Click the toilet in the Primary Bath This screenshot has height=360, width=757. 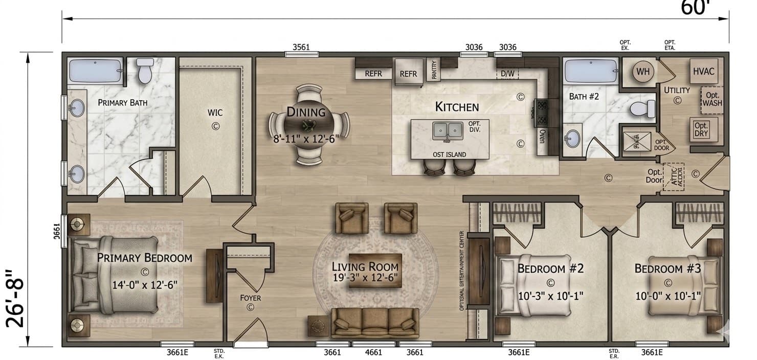tap(146, 71)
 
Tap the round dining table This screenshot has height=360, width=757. tap(309, 124)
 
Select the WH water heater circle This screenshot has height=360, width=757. tap(643, 72)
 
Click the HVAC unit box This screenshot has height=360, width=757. tap(703, 72)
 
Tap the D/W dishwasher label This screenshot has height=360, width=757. tap(507, 74)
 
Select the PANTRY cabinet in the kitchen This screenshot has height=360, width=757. tap(434, 70)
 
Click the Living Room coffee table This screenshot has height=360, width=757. tap(375, 270)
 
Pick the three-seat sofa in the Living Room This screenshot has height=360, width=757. tap(375, 323)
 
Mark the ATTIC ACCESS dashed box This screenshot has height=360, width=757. tap(673, 177)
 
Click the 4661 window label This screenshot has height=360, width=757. tap(374, 352)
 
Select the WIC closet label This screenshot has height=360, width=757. tap(215, 112)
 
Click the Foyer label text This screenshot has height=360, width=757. tap(251, 298)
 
